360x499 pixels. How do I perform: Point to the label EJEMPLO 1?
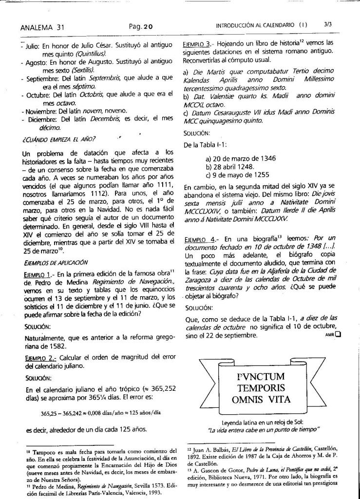[x=38, y=274]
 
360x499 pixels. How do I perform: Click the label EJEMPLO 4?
[x=197, y=240]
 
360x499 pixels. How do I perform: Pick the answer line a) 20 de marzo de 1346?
[x=242, y=158]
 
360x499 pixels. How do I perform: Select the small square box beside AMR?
[x=338, y=334]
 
